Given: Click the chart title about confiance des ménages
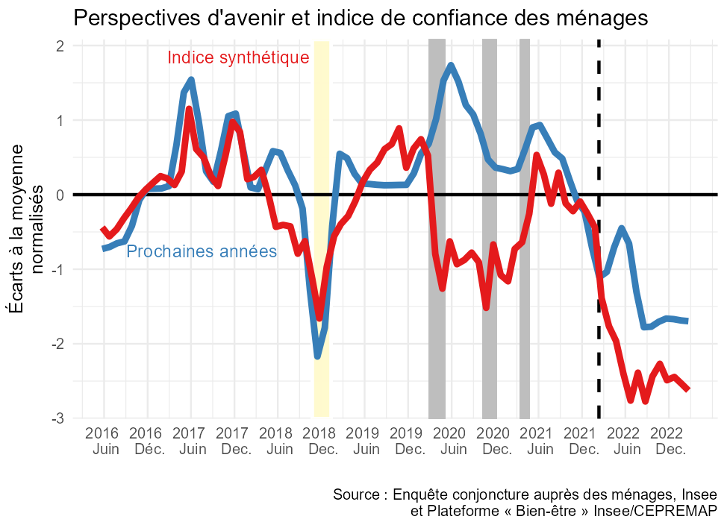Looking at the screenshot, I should pyautogui.click(x=361, y=17).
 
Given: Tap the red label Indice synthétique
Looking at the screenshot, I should pyautogui.click(x=238, y=57).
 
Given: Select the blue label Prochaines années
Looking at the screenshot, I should pyautogui.click(x=202, y=252).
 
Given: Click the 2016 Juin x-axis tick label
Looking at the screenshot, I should pyautogui.click(x=103, y=441).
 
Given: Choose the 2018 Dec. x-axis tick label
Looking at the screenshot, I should pyautogui.click(x=322, y=441).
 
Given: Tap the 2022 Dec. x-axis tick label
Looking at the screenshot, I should pyautogui.click(x=670, y=441).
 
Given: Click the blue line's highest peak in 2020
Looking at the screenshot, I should pyautogui.click(x=451, y=66).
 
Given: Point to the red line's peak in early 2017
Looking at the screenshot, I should pyautogui.click(x=189, y=110).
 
